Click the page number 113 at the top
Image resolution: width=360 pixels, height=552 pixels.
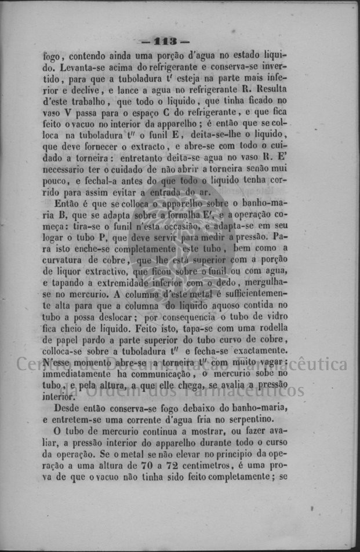click(165, 42)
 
